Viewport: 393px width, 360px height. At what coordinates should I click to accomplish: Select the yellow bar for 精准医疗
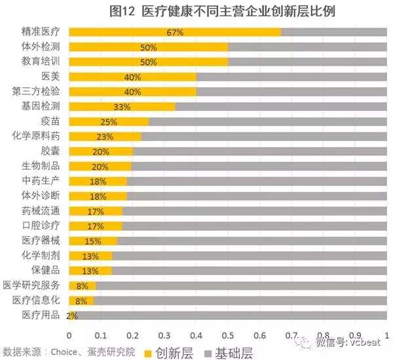pos(174,32)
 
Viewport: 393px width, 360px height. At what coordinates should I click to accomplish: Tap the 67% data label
pos(174,32)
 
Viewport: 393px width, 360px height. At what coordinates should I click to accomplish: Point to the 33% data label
pos(122,107)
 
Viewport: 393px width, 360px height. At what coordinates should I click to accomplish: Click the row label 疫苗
pos(50,121)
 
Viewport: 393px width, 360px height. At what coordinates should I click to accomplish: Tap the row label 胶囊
pos(50,151)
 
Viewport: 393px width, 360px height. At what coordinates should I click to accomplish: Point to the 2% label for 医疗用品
pos(72,315)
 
